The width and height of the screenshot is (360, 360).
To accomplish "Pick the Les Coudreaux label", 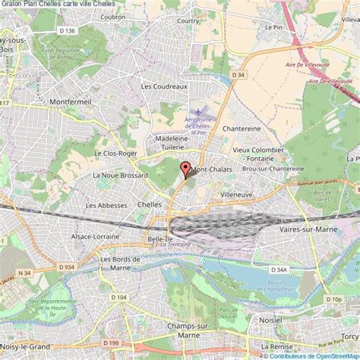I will pos(163,87).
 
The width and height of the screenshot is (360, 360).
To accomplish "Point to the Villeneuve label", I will pos(235,195).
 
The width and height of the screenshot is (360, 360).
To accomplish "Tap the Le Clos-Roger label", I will pos(109,153).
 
